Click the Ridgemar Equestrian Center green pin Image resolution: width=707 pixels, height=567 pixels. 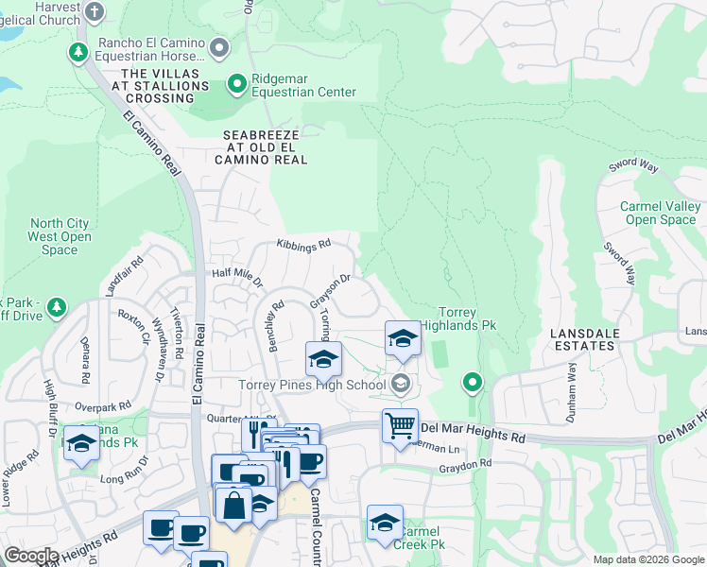[236, 85]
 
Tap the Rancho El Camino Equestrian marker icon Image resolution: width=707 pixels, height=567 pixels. [220, 46]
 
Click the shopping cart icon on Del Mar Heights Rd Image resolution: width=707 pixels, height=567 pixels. [400, 425]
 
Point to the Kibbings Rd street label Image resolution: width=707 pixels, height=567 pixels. [303, 244]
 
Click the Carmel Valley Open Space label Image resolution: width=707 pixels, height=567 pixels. [661, 214]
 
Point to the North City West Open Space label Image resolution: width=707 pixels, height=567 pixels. [60, 237]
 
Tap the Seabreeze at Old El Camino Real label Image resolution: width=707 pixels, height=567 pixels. [266, 147]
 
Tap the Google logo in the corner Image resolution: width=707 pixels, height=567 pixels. [31, 556]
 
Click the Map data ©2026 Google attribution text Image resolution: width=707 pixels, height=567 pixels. [647, 559]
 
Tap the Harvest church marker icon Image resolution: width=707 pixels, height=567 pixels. [94, 12]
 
